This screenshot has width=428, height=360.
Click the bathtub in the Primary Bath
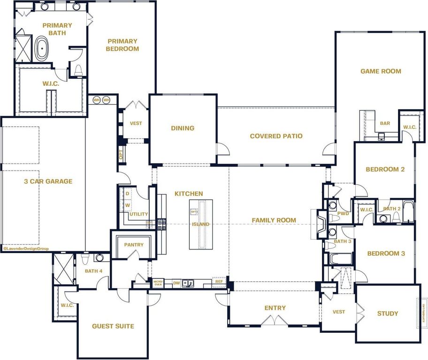click(x=41, y=48)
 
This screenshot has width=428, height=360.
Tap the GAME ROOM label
click(x=381, y=71)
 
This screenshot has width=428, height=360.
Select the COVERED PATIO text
click(x=276, y=136)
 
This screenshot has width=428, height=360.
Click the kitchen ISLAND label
click(x=200, y=224)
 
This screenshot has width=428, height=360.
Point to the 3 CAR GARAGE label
click(x=48, y=181)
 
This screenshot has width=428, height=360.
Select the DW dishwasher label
click(x=176, y=283)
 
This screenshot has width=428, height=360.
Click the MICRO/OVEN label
click(x=158, y=283)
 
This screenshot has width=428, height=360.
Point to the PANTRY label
click(x=134, y=245)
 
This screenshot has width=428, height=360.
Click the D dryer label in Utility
click(x=127, y=193)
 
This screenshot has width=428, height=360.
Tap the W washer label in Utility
click(x=127, y=205)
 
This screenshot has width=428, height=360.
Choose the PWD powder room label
click(x=344, y=213)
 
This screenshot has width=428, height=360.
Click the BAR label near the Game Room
click(x=385, y=124)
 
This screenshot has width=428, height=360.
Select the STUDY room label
click(x=388, y=313)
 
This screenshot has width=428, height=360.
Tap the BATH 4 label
click(x=93, y=270)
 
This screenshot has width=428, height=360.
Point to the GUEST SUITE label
click(x=113, y=326)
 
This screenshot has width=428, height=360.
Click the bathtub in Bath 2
click(x=408, y=212)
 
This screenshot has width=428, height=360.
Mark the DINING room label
click(x=183, y=128)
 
